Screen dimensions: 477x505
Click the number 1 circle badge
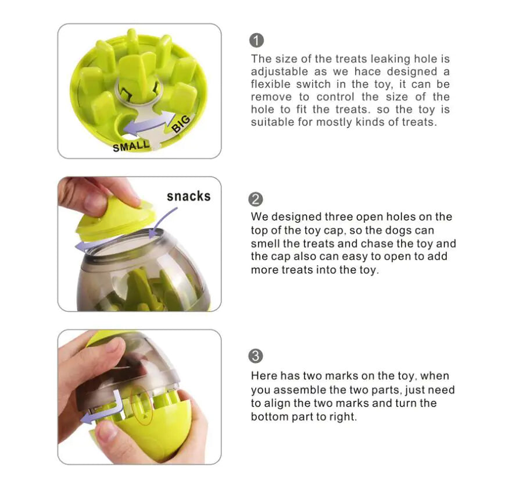click(x=256, y=41)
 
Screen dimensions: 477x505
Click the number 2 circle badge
click(x=256, y=199)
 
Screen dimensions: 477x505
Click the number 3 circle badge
click(x=256, y=356)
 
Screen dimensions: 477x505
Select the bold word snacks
click(x=188, y=196)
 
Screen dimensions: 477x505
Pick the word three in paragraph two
click(x=336, y=217)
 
